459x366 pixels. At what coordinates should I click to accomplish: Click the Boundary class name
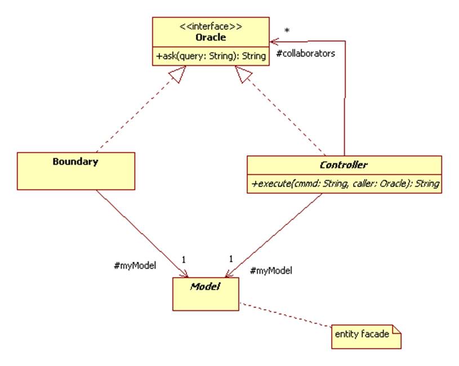(x=75, y=162)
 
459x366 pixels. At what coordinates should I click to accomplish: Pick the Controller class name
(x=344, y=165)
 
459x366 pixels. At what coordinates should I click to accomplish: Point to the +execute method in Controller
(x=344, y=184)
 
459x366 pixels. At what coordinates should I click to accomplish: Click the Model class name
(x=204, y=286)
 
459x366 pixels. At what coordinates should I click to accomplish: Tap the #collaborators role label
(x=306, y=54)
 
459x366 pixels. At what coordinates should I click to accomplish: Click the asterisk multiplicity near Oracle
(x=287, y=30)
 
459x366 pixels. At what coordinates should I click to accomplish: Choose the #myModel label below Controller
(x=270, y=270)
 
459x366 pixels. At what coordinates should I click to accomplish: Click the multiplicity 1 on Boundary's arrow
(x=183, y=260)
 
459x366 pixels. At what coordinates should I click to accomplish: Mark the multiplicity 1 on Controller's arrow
(x=231, y=260)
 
